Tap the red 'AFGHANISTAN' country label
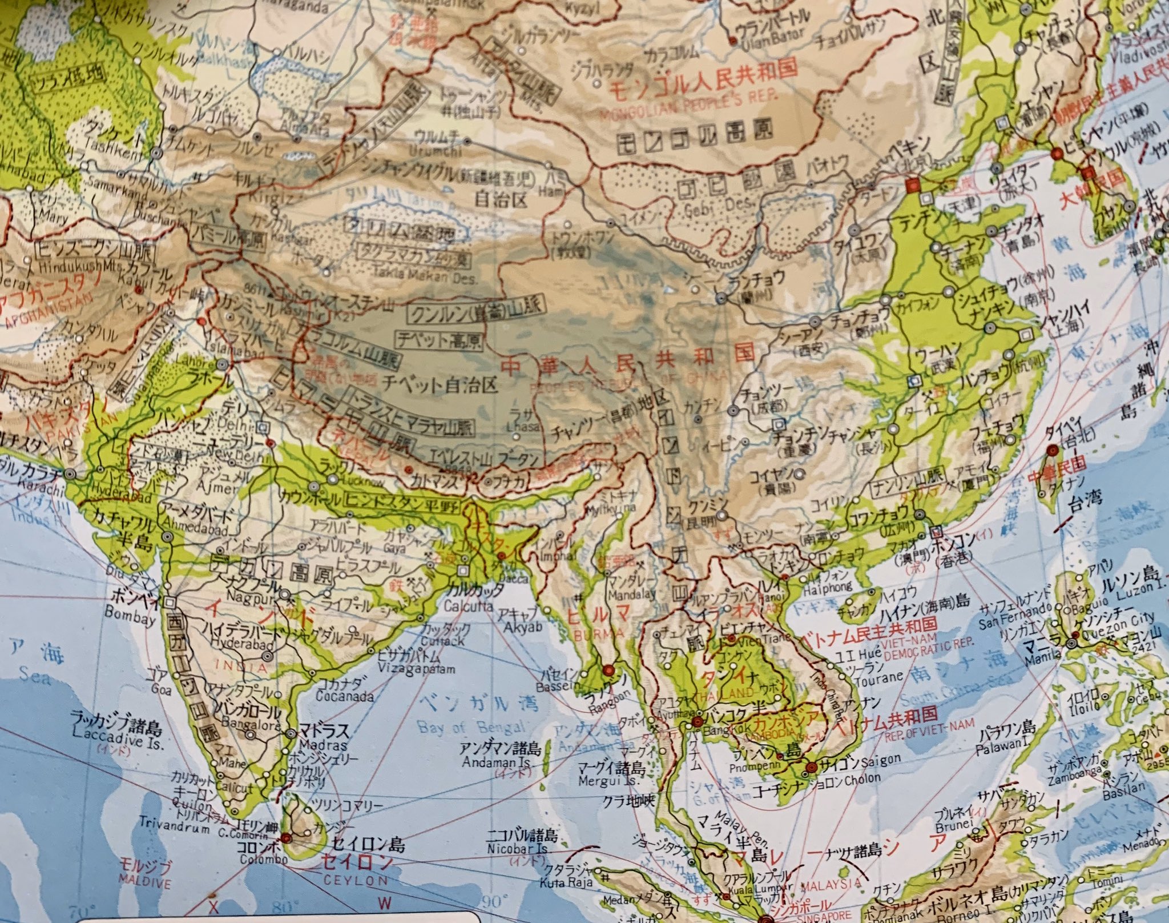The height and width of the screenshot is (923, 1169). pyautogui.click(x=41, y=312)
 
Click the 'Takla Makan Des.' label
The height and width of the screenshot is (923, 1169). pyautogui.click(x=424, y=279)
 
